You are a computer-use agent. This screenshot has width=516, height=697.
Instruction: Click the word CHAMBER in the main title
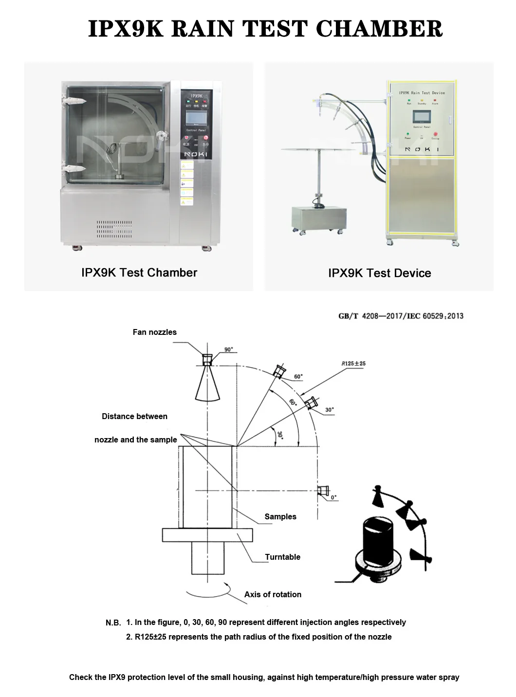click(x=379, y=29)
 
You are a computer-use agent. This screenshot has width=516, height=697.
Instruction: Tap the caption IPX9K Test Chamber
click(x=139, y=273)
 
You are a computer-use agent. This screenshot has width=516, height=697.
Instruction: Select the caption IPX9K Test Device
click(x=379, y=273)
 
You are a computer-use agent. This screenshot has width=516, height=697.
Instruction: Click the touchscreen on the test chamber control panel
click(x=196, y=118)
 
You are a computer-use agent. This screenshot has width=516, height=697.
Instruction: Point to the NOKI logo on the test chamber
click(x=196, y=154)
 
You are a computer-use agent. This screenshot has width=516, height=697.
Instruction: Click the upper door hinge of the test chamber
click(x=74, y=101)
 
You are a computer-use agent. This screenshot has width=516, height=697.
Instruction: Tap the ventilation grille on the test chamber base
click(x=114, y=229)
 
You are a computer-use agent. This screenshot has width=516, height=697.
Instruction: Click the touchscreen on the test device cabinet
click(x=422, y=117)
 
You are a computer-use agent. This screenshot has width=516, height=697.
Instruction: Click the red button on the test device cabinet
click(x=435, y=134)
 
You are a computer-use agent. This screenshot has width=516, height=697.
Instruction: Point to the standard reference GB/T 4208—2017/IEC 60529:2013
click(x=401, y=316)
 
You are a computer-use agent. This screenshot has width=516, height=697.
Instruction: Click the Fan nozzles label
click(x=155, y=332)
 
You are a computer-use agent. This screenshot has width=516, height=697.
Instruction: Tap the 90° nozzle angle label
click(x=228, y=349)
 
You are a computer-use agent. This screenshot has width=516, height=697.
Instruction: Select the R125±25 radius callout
click(x=353, y=363)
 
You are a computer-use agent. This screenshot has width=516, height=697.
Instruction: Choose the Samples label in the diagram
click(x=280, y=516)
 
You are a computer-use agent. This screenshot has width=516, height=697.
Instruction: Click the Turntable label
click(x=282, y=557)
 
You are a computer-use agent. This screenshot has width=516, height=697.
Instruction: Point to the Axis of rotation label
click(x=273, y=594)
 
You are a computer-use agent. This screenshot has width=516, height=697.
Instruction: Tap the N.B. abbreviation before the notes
click(x=113, y=623)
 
